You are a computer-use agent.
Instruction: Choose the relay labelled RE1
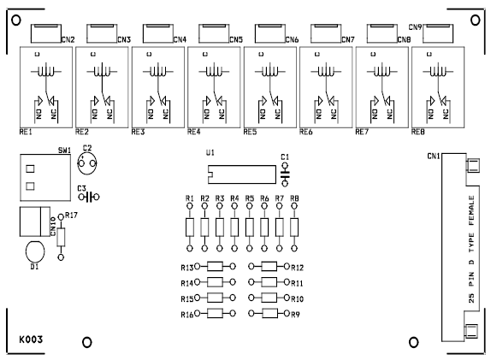click(44, 86)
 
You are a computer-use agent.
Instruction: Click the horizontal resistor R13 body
click(216, 267)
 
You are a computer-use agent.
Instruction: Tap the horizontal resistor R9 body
click(269, 314)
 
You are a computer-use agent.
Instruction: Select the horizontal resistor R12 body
click(269, 267)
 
